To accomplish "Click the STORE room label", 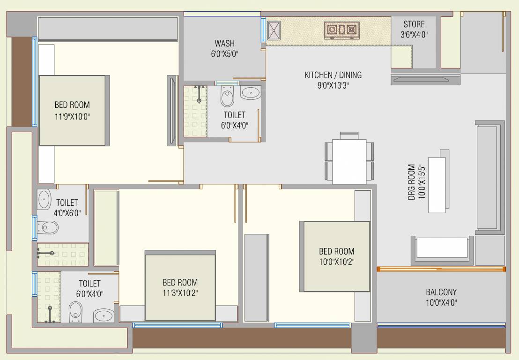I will [x=414, y=24].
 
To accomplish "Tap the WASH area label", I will [x=225, y=44].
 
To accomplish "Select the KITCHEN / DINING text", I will [x=333, y=75].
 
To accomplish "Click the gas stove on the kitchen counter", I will [x=342, y=30].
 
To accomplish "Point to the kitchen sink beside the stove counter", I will [x=274, y=30].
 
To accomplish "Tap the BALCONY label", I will [x=441, y=292].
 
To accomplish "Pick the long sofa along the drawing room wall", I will [x=489, y=177].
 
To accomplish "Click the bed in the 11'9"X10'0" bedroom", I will [x=73, y=111].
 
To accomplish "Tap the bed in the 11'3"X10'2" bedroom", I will [x=180, y=286].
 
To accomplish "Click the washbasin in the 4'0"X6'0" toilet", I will [x=44, y=200].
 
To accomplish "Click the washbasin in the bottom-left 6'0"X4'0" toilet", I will [x=104, y=315].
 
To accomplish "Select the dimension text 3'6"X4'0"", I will [x=414, y=35].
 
